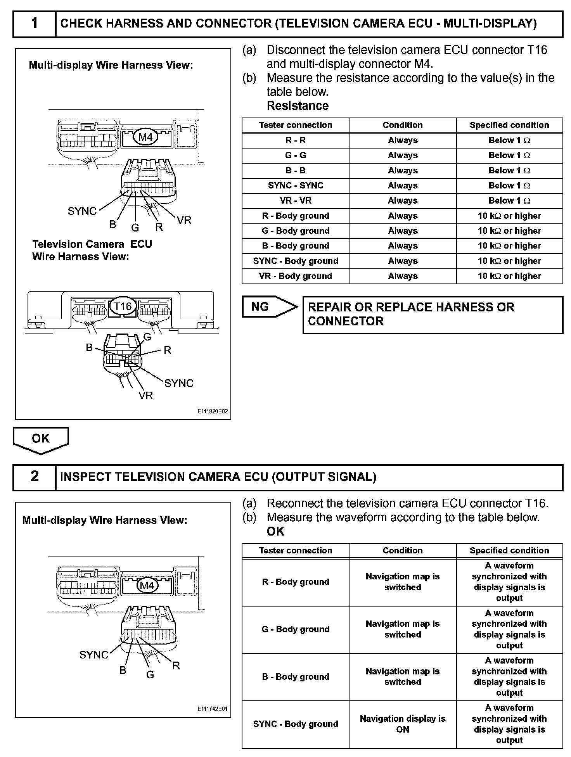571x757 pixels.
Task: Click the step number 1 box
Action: (35, 24)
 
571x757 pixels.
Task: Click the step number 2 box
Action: (35, 477)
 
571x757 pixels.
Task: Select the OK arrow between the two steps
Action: (41, 440)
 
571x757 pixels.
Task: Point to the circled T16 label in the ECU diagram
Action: (123, 306)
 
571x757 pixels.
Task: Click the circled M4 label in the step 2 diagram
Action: (147, 585)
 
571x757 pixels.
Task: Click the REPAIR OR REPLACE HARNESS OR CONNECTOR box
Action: (433, 315)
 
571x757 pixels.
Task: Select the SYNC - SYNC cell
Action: (296, 186)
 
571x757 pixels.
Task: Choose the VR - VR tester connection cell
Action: (296, 201)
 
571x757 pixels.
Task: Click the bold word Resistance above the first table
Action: (298, 105)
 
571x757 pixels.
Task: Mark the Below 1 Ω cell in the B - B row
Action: (509, 171)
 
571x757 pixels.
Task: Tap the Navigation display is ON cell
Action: (403, 724)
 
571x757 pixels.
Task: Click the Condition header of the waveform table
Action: (403, 551)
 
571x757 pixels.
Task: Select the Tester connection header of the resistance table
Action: (296, 125)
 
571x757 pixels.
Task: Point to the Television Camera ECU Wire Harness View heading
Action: (92, 250)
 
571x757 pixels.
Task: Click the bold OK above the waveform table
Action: (275, 531)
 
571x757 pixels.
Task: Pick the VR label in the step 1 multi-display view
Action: (184, 220)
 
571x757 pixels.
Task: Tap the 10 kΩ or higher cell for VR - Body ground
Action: (509, 276)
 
